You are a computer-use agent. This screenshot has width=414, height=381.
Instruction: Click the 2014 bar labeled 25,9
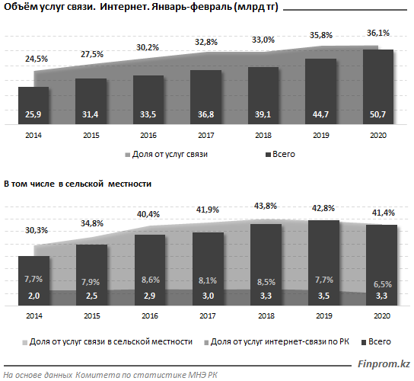click(33, 105)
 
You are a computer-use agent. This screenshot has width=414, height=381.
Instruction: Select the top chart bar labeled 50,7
click(378, 87)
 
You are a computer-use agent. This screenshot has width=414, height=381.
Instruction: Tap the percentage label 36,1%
click(378, 34)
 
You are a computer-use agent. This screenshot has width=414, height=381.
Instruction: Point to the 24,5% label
click(37, 59)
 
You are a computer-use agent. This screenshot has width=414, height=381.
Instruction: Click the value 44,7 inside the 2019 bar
click(320, 114)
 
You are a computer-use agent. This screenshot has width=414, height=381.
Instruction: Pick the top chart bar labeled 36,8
click(206, 97)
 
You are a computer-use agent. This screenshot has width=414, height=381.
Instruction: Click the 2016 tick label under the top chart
click(148, 136)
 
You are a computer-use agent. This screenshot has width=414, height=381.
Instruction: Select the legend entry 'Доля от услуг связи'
click(167, 155)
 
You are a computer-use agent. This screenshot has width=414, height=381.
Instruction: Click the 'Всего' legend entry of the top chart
click(280, 155)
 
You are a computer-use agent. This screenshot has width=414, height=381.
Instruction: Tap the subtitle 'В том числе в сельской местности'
click(78, 184)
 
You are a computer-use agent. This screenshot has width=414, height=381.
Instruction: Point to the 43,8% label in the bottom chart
click(266, 206)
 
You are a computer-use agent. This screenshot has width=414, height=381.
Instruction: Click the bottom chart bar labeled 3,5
click(323, 263)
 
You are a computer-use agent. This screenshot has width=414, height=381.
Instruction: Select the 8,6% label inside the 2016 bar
click(151, 280)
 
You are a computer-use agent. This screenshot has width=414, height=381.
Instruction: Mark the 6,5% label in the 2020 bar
click(383, 284)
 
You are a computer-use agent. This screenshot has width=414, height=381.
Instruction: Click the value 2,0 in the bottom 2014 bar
click(33, 296)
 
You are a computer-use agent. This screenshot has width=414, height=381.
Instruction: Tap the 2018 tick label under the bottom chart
click(266, 316)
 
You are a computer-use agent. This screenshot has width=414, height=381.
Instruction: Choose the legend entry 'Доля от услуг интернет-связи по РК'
click(277, 342)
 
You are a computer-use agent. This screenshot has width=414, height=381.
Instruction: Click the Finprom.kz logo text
click(384, 364)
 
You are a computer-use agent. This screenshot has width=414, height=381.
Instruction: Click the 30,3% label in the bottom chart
click(37, 231)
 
